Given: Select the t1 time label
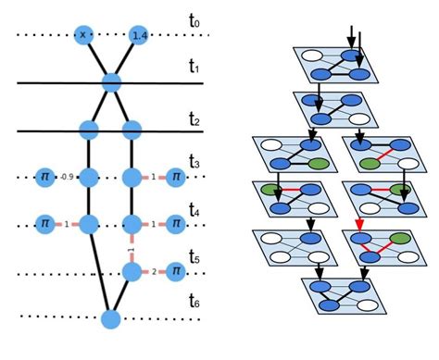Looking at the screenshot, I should pos(193,68).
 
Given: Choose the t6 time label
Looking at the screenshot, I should pos(193,302).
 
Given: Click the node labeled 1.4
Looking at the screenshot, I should pos(140,35).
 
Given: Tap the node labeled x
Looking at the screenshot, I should pos(83,35).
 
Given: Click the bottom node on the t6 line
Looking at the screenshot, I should pos(111,319).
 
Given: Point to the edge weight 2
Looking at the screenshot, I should pos(153,271).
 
